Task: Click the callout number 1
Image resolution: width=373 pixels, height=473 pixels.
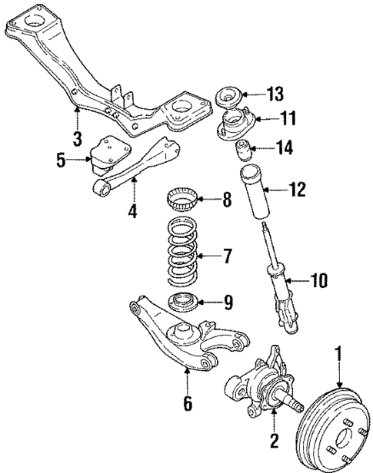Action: [x=337, y=355]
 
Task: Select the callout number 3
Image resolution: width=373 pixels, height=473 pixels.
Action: [x=77, y=138]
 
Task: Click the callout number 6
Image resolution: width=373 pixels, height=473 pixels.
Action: [x=188, y=401]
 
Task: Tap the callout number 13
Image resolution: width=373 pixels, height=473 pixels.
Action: [x=275, y=94]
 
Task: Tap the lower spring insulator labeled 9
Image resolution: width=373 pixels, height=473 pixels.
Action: [x=185, y=303]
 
